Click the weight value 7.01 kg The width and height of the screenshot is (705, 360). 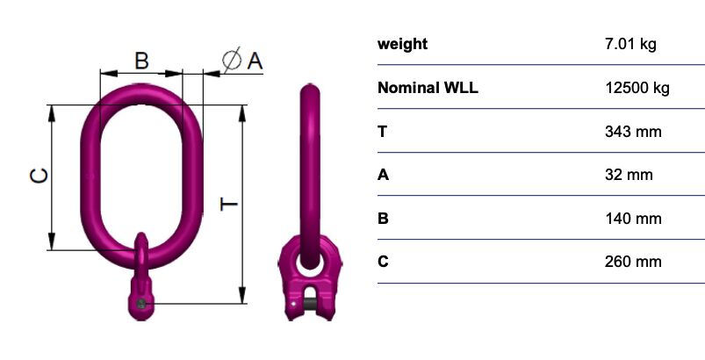pyautogui.click(x=630, y=45)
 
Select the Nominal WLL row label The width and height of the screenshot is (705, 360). pyautogui.click(x=428, y=88)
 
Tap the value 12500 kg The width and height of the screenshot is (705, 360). pyautogui.click(x=637, y=88)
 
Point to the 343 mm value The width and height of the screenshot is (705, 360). pyautogui.click(x=633, y=132)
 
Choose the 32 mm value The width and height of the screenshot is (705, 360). pyautogui.click(x=629, y=175)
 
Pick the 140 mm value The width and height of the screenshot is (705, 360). pyautogui.click(x=633, y=219)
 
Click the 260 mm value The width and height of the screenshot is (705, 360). pyautogui.click(x=633, y=262)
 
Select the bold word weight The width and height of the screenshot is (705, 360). pyautogui.click(x=402, y=45)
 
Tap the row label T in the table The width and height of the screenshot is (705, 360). pyautogui.click(x=382, y=132)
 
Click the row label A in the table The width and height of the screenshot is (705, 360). pyautogui.click(x=383, y=175)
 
